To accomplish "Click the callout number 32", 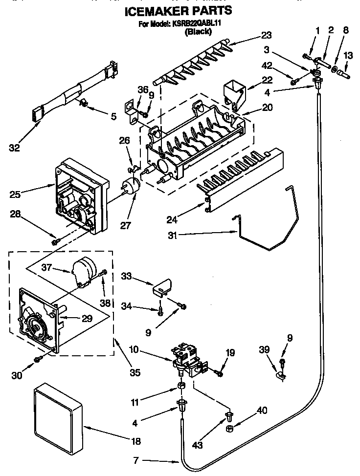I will click(x=15, y=148).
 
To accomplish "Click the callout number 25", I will click(x=14, y=194).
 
